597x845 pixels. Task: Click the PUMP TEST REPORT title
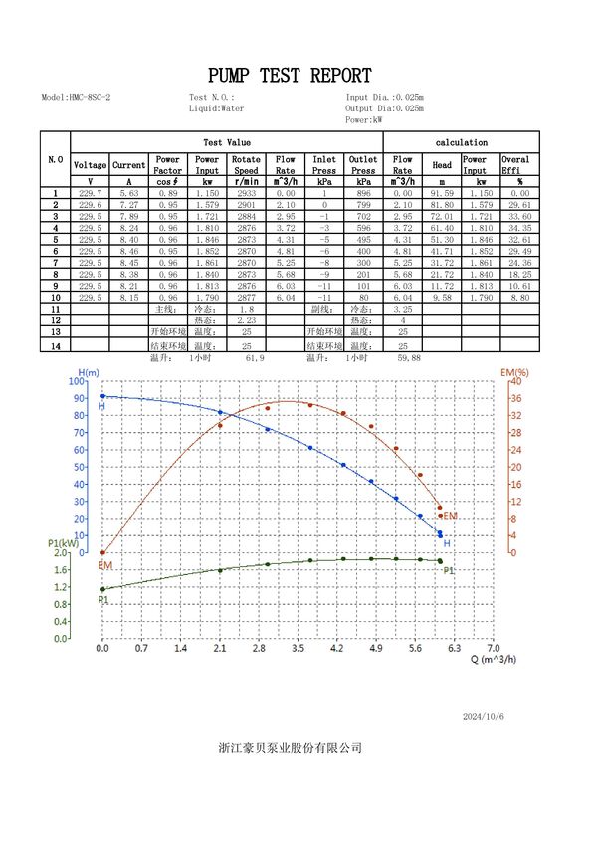[290, 76]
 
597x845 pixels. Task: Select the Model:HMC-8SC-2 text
[76, 98]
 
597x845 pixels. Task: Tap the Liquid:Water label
[216, 108]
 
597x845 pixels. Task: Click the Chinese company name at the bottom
[290, 747]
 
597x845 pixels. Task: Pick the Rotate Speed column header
[246, 164]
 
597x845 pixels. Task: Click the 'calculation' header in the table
[462, 142]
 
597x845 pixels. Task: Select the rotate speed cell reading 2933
[246, 193]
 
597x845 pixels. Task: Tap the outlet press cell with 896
[363, 193]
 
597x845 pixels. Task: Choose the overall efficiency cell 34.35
[519, 228]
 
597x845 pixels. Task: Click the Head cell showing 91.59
[442, 193]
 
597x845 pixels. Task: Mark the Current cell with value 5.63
[129, 193]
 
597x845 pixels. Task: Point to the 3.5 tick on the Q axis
[298, 648]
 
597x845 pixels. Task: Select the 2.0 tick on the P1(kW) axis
[62, 552]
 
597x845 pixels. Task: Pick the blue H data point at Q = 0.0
[102, 396]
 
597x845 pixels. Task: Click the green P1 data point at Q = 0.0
[102, 589]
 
